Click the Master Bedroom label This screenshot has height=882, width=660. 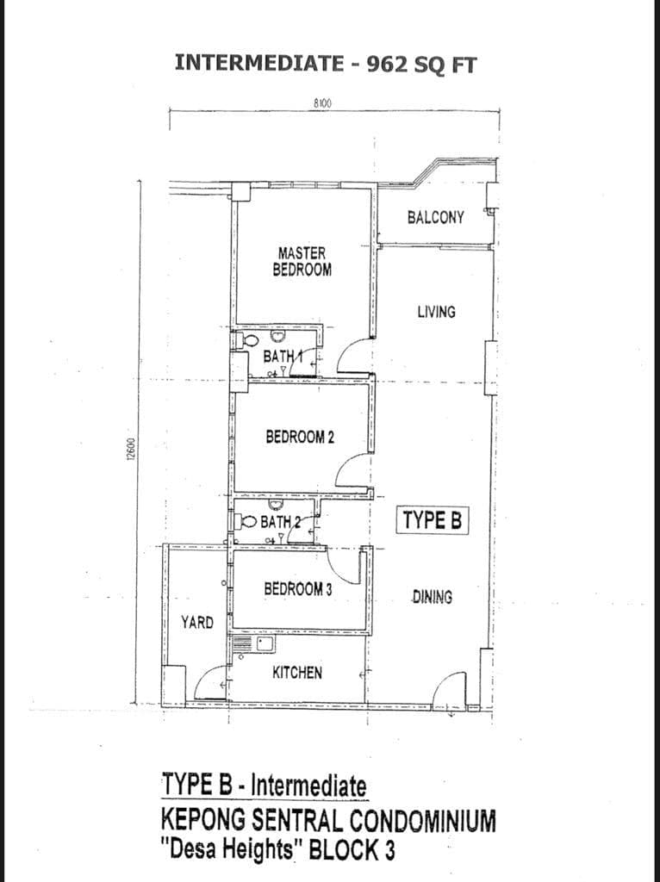point(302,262)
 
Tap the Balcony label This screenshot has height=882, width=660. point(435,217)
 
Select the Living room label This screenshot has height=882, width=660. point(436,312)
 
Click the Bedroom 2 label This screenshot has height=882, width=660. point(300,437)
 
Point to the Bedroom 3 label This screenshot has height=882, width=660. point(297,589)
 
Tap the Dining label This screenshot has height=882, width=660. point(433,597)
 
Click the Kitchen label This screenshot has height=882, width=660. point(297,672)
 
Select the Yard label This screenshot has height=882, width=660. point(197,622)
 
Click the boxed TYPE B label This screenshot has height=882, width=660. point(433,520)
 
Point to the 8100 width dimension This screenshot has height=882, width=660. point(322,103)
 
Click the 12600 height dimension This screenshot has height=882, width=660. point(131,450)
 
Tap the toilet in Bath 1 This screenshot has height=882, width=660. point(247,340)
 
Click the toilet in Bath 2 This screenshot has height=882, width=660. point(246,521)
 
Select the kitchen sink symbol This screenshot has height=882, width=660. point(265,644)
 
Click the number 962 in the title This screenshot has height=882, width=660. point(387,64)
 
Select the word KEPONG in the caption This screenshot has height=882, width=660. point(202,821)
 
